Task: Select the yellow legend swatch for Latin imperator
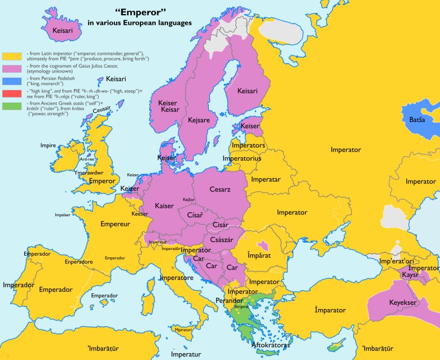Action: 11,56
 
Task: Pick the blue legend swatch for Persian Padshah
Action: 11,81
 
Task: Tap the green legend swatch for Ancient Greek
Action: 11,105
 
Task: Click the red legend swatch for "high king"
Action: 11,93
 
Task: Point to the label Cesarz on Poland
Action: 219,189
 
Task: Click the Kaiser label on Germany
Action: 164,205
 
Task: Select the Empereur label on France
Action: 115,224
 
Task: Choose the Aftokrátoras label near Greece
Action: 270,343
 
